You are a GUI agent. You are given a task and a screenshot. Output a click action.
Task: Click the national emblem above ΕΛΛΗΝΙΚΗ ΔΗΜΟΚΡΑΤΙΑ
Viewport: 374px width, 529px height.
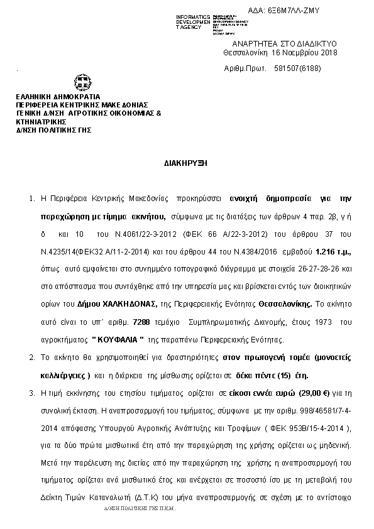coord(82,82)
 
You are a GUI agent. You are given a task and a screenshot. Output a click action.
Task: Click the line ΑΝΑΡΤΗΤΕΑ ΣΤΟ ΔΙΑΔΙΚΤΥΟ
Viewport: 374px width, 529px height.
coord(285,43)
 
